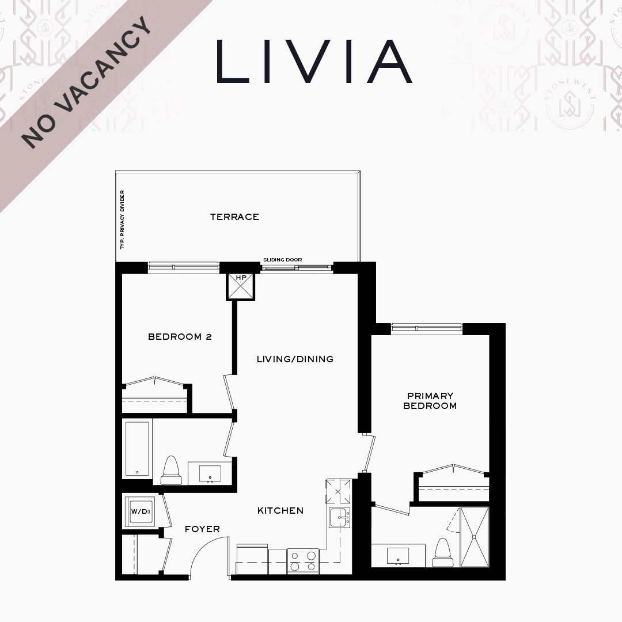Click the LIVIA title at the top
coord(314,61)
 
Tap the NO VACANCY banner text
coord(87,82)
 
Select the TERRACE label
coord(234,217)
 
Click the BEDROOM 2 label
coord(180,337)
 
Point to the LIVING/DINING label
coord(295,359)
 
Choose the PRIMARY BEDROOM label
coord(430,401)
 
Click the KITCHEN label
coord(280,510)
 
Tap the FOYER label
coord(202,529)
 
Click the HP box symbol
coord(240,286)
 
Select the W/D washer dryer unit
coord(139,512)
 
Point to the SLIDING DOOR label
coord(282,260)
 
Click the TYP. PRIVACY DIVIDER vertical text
coord(122,220)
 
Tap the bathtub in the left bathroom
coord(137,449)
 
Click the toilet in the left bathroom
coord(172,471)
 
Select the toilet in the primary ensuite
coord(443,552)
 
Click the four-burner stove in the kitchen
coord(303,561)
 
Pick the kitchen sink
coord(340,517)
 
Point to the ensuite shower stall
coord(475,537)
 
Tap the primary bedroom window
coord(426,328)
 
